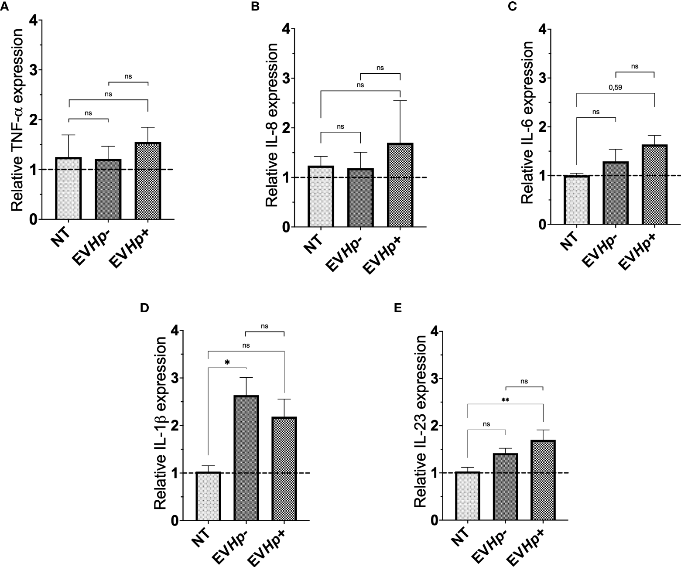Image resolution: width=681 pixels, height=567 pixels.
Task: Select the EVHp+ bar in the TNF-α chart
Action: pyautogui.click(x=148, y=181)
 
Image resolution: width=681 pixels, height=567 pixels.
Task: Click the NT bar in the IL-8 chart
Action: pyautogui.click(x=321, y=196)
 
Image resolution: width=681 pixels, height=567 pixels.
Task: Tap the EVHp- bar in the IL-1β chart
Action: pyautogui.click(x=246, y=458)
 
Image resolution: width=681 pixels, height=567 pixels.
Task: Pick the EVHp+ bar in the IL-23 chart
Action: pyautogui.click(x=543, y=480)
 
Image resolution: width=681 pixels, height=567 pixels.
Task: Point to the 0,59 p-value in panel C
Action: pyautogui.click(x=615, y=87)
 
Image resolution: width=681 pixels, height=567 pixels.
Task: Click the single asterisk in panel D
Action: pyautogui.click(x=227, y=362)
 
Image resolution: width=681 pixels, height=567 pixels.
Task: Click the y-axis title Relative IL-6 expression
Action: pyautogui.click(x=527, y=123)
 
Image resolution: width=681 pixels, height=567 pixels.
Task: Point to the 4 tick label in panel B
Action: pyautogui.click(x=286, y=29)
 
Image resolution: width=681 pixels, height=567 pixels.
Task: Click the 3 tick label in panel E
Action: pyautogui.click(x=434, y=378)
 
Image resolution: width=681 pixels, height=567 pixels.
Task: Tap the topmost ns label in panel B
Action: pyautogui.click(x=380, y=68)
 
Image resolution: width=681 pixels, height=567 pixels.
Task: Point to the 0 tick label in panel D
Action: pyautogui.click(x=175, y=520)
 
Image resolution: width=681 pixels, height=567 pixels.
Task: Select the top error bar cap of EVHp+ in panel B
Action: pyautogui.click(x=400, y=101)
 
